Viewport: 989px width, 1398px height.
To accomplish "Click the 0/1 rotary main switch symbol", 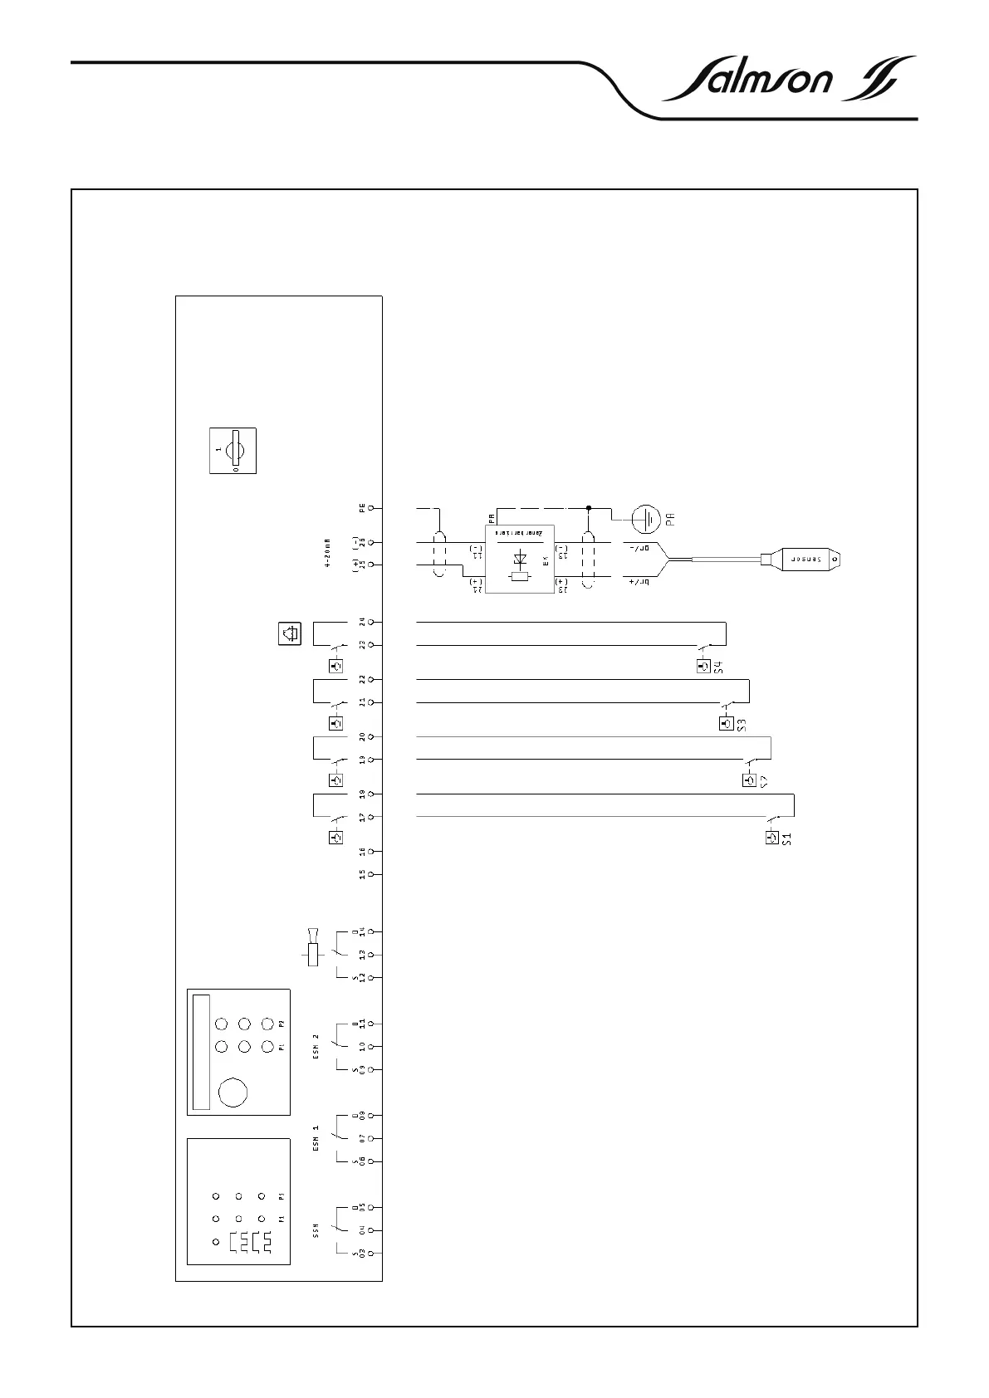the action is pyautogui.click(x=233, y=451).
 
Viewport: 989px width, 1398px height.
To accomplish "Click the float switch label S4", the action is pyautogui.click(x=721, y=666).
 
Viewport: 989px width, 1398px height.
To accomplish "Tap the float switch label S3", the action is pyautogui.click(x=743, y=723).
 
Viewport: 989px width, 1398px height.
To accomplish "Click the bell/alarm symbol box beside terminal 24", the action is pyautogui.click(x=289, y=634).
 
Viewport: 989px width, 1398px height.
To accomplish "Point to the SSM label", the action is pyautogui.click(x=316, y=1230).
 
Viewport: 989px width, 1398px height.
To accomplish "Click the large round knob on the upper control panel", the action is pyautogui.click(x=233, y=1092).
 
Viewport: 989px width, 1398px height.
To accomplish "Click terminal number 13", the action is pyautogui.click(x=362, y=955).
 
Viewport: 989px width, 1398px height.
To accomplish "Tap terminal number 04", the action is pyautogui.click(x=362, y=1230).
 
